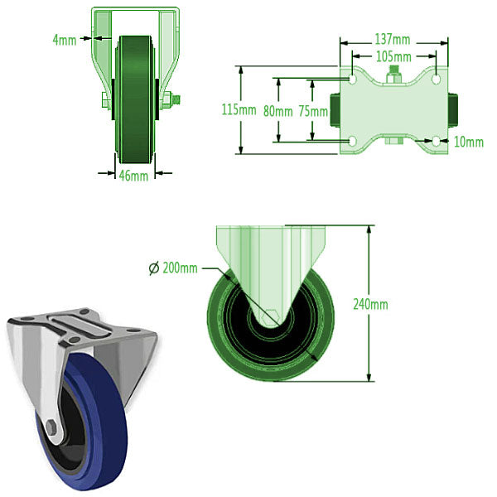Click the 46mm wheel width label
(x=134, y=175)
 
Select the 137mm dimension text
(x=392, y=39)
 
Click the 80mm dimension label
(x=277, y=110)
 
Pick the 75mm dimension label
(x=312, y=110)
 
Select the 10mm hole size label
(x=469, y=142)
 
